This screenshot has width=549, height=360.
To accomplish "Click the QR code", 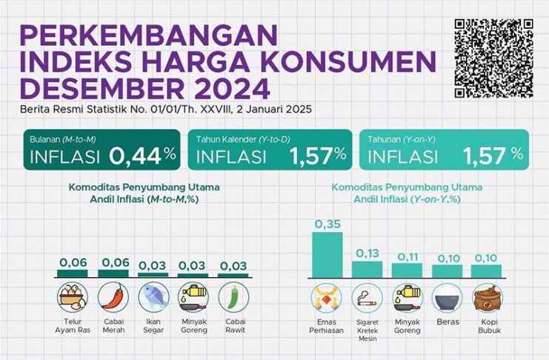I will (x=493, y=59).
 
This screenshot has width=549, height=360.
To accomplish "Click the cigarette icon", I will (x=367, y=298).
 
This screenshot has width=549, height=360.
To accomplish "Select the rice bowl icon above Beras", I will (x=447, y=298).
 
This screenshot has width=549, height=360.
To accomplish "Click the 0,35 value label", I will (x=327, y=223).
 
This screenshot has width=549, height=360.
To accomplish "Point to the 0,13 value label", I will (x=367, y=253).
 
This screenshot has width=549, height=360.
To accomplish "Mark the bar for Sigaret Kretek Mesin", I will (x=367, y=269).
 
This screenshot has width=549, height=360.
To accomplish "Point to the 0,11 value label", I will (x=407, y=256).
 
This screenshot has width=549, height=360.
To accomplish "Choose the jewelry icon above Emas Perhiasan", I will (x=327, y=298).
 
